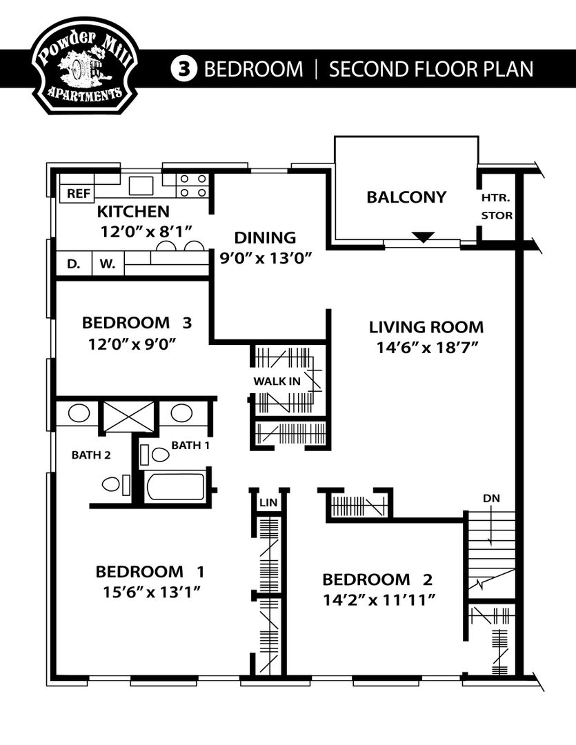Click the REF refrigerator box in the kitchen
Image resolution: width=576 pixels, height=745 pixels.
pyautogui.click(x=77, y=194)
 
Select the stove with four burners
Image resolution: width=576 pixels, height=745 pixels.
pyautogui.click(x=192, y=186)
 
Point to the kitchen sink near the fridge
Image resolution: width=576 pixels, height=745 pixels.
pyautogui.click(x=141, y=186)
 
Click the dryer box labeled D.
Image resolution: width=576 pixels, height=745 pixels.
pyautogui.click(x=72, y=263)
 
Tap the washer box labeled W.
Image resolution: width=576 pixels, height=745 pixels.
pyautogui.click(x=108, y=263)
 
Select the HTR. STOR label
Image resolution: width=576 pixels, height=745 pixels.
pyautogui.click(x=497, y=206)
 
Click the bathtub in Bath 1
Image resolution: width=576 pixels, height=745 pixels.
pyautogui.click(x=175, y=486)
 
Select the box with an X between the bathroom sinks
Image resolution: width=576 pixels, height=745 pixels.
pyautogui.click(x=129, y=416)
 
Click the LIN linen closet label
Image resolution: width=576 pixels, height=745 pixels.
pyautogui.click(x=268, y=503)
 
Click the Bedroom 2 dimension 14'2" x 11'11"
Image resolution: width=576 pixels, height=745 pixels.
pyautogui.click(x=378, y=599)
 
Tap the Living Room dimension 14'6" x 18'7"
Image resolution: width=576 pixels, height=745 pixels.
pyautogui.click(x=426, y=348)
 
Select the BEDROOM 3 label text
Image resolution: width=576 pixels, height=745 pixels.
pyautogui.click(x=136, y=322)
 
